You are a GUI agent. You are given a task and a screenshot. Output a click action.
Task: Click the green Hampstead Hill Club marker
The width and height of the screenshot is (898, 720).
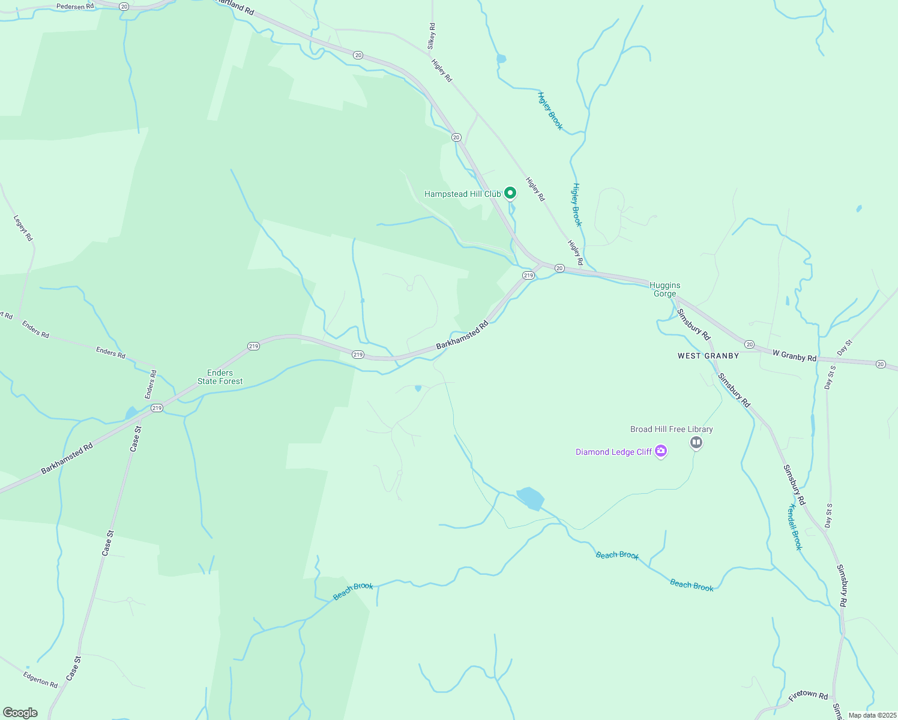pyautogui.click(x=510, y=193)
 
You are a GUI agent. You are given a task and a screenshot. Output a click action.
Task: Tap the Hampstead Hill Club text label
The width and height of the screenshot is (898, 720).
pyautogui.click(x=462, y=194)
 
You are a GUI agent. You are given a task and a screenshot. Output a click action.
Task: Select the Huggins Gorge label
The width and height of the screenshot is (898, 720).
pyautogui.click(x=664, y=289)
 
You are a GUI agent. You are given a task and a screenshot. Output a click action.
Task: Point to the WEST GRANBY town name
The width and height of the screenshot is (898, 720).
pyautogui.click(x=708, y=356)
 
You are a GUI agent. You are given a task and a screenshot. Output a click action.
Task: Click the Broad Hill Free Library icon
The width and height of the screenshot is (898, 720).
pyautogui.click(x=696, y=443)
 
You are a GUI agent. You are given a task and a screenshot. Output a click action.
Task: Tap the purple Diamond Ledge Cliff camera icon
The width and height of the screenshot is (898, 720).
pyautogui.click(x=661, y=452)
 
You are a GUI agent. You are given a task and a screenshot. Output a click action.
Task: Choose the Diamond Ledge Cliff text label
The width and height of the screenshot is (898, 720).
pyautogui.click(x=613, y=452)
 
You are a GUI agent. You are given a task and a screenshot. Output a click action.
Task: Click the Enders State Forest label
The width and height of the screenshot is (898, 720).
pyautogui.click(x=220, y=377)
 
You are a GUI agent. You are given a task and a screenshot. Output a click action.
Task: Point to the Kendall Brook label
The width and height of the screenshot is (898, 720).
pyautogui.click(x=795, y=527)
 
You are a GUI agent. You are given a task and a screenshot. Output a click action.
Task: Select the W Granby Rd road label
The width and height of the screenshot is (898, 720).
pyautogui.click(x=794, y=356)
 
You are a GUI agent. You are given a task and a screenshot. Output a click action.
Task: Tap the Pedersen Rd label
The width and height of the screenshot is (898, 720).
pyautogui.click(x=76, y=7)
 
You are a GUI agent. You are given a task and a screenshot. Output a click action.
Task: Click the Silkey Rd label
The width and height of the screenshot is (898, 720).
pyautogui.click(x=431, y=36)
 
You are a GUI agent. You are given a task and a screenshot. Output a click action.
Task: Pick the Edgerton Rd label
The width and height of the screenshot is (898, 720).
pyautogui.click(x=40, y=679)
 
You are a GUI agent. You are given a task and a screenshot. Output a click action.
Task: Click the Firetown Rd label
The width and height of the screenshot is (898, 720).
pyautogui.click(x=808, y=695)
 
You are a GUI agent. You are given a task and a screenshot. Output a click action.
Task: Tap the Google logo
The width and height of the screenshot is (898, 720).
pyautogui.click(x=20, y=713)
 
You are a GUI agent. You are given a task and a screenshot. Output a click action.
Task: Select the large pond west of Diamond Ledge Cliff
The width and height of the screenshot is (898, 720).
pyautogui.click(x=531, y=498)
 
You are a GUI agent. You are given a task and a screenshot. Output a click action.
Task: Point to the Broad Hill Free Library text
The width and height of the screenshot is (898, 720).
pyautogui.click(x=671, y=429)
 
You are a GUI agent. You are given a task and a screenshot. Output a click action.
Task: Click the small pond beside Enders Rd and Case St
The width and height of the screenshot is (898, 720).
pyautogui.click(x=131, y=413)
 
